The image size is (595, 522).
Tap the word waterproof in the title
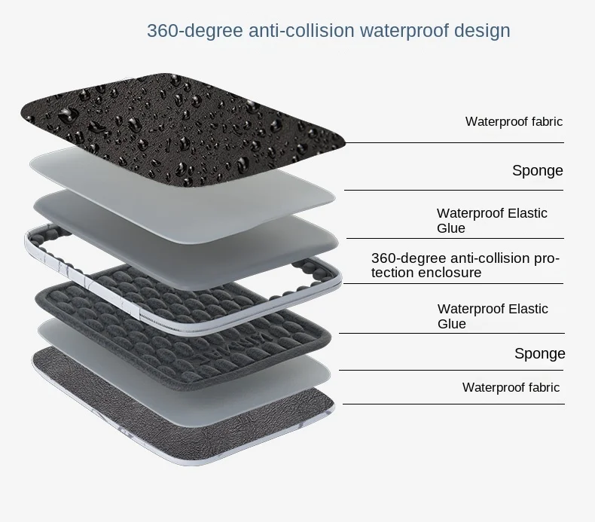404,31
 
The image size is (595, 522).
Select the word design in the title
483,31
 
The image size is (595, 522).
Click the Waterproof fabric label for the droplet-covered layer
514,121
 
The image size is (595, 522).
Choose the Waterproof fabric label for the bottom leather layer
511,387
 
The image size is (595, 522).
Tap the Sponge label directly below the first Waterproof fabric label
537,170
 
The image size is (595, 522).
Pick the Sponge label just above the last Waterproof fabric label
539,353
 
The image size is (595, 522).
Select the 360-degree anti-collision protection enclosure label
465,266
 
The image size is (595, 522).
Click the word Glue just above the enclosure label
451,228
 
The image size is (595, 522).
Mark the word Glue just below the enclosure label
452,324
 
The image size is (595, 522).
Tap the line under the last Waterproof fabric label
453,404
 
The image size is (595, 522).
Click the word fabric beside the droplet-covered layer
544,121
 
